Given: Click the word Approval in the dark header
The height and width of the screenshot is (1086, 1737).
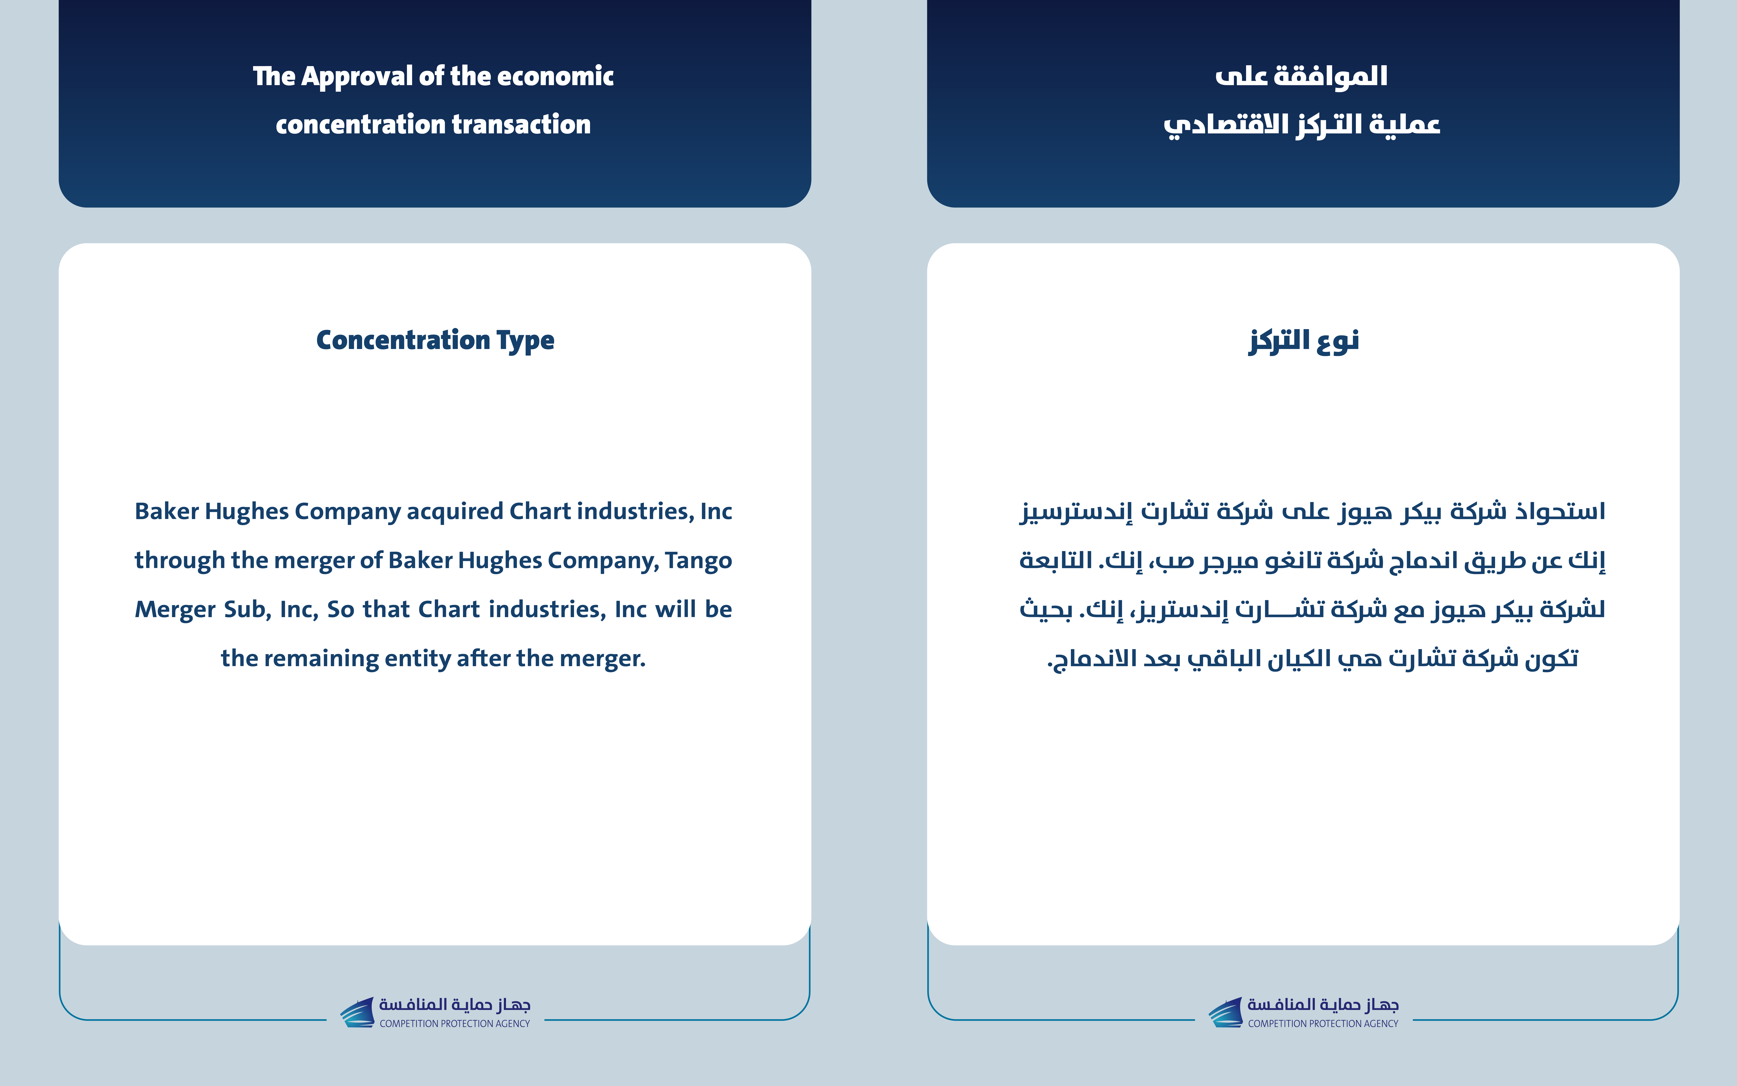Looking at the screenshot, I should coord(356,76).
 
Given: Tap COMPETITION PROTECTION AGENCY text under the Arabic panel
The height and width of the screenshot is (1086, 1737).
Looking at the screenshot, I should coord(1323,1023).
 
